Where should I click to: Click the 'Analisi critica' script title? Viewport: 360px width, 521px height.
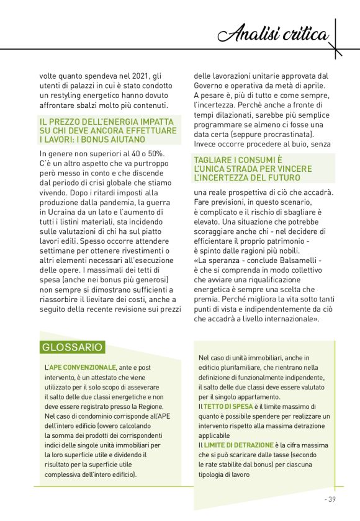point(277,34)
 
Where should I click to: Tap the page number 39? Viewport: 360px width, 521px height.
point(331,499)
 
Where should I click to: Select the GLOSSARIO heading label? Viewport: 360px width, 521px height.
point(72,347)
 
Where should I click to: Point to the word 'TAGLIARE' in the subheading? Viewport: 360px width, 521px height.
point(214,160)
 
